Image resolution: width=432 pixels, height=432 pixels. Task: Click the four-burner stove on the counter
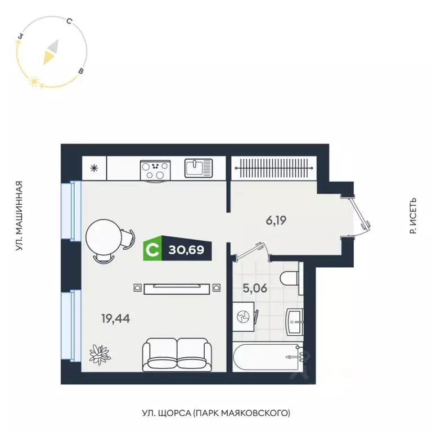(x=155, y=169)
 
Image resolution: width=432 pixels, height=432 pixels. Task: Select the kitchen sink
(x=199, y=168)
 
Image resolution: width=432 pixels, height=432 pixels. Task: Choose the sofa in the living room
(x=177, y=354)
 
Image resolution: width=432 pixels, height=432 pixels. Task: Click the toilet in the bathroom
(x=290, y=279)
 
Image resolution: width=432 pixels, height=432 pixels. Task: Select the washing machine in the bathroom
(x=244, y=317)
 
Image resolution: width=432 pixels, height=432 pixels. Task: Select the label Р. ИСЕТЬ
(x=413, y=215)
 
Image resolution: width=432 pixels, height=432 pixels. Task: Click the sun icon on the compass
(x=33, y=83)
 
